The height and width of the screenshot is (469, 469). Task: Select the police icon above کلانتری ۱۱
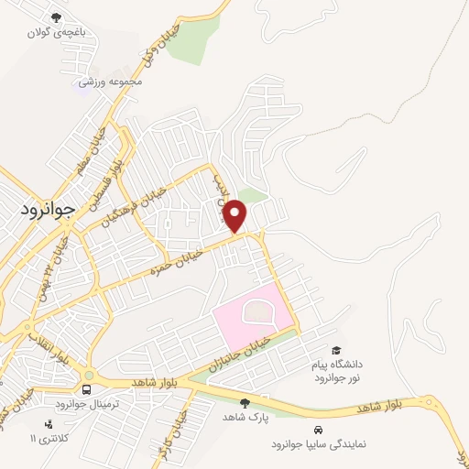(x=49, y=424)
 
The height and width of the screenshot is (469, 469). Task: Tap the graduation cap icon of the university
(x=337, y=351)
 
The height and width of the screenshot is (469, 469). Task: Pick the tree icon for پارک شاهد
(x=244, y=402)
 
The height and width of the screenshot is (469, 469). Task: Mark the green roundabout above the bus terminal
(x=88, y=374)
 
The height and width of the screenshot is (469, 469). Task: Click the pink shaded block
(x=255, y=317)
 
